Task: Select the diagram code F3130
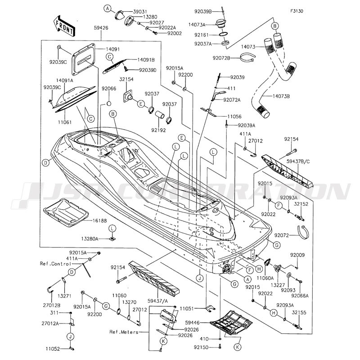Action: [297, 11]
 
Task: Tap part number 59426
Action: [101, 28]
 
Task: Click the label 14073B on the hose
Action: [281, 96]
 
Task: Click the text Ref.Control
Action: [55, 264]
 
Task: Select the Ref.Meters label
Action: [124, 332]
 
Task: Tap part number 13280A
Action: [90, 239]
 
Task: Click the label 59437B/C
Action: [298, 162]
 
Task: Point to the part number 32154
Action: [126, 79]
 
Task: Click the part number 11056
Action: [234, 117]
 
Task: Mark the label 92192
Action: [158, 130]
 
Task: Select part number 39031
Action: [140, 12]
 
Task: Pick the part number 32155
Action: [299, 312]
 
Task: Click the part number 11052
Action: [53, 349]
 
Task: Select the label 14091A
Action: [64, 81]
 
